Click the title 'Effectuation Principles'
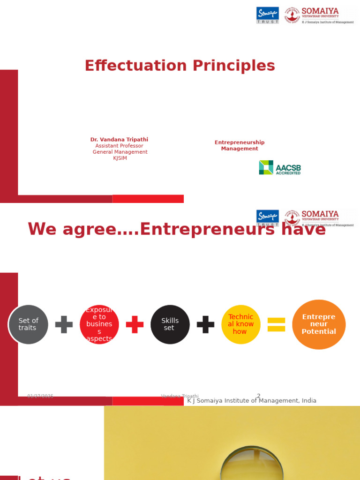pyautogui.click(x=180, y=66)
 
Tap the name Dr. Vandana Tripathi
pyautogui.click(x=119, y=140)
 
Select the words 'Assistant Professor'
pyautogui.click(x=119, y=146)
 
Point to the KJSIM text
pyautogui.click(x=120, y=158)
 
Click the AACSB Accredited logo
pyautogui.click(x=280, y=167)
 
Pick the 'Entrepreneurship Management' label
pyautogui.click(x=240, y=145)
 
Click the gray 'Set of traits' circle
pyautogui.click(x=28, y=324)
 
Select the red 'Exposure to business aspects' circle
pyautogui.click(x=99, y=324)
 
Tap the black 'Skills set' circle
pyautogui.click(x=170, y=324)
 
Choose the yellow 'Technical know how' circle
pyautogui.click(x=240, y=324)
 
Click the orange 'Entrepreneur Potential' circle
pyautogui.click(x=319, y=324)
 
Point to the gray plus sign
pyautogui.click(x=64, y=324)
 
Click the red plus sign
pyautogui.click(x=135, y=324)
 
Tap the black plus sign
pyautogui.click(x=205, y=324)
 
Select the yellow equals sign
pyautogui.click(x=276, y=324)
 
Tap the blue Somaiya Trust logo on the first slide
pyautogui.click(x=268, y=15)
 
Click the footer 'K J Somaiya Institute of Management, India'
pyautogui.click(x=252, y=401)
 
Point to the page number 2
pyautogui.click(x=258, y=396)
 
